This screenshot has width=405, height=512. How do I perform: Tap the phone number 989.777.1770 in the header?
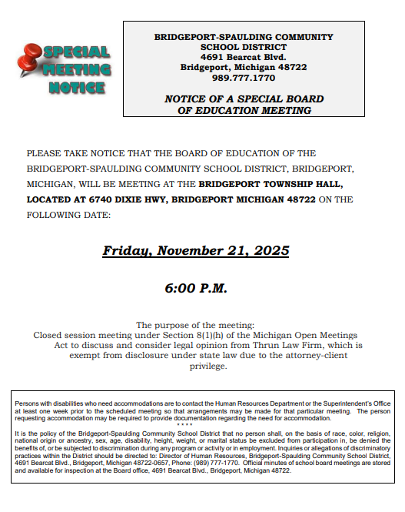(244, 79)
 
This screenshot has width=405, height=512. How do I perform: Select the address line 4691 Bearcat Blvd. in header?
(244, 57)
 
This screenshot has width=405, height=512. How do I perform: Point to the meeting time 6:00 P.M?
(196, 289)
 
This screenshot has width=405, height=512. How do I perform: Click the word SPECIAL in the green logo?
(77, 52)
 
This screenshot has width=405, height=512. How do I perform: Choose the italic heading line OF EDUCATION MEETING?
(244, 110)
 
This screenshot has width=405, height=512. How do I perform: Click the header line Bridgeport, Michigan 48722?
(244, 68)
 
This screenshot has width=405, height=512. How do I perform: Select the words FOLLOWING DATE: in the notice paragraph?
(68, 215)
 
